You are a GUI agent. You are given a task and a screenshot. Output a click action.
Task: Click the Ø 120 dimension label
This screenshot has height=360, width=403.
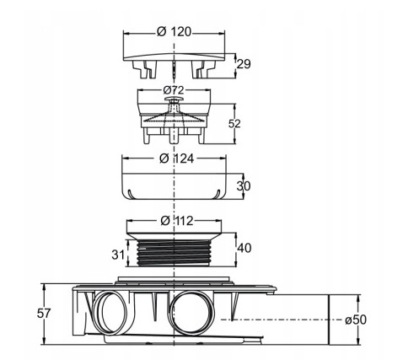point(174,32)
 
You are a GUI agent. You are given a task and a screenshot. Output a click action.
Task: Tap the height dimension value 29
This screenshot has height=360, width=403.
point(244,64)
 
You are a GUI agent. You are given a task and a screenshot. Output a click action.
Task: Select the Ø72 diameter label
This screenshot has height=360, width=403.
point(174,90)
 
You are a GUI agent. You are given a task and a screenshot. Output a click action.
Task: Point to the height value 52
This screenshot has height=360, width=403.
point(234,124)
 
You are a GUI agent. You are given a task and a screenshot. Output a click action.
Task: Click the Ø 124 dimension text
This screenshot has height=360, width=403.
point(176,159)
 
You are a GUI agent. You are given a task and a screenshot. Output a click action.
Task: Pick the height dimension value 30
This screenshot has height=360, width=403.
point(244,186)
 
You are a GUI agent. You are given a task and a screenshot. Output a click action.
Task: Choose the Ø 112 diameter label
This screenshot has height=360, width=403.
point(177,221)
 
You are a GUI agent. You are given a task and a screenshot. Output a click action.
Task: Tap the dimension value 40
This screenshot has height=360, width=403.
point(244,248)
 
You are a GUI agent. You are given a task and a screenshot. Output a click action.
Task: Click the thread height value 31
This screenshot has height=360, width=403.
point(118,255)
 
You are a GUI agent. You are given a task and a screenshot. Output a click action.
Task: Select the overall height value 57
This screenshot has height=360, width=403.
point(44,314)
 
